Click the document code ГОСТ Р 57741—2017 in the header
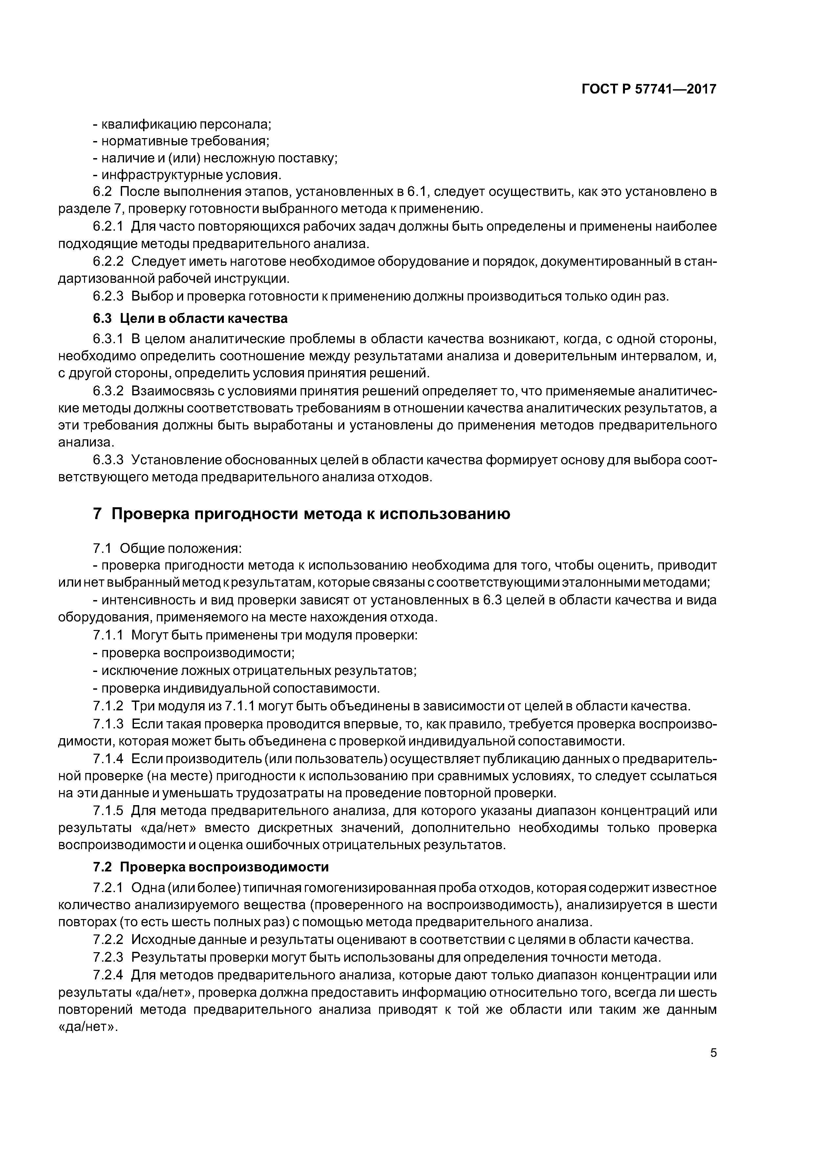[x=649, y=89]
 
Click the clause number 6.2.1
[x=108, y=227]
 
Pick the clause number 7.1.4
[x=108, y=759]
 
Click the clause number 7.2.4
[x=108, y=975]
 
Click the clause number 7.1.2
[x=108, y=706]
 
